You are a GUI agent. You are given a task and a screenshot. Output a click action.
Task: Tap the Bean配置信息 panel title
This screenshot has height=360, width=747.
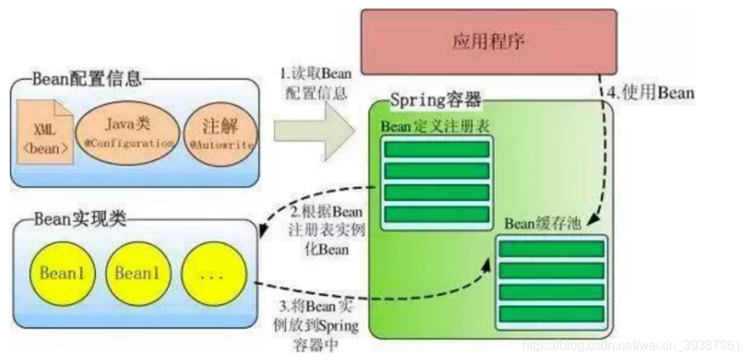pos(88,79)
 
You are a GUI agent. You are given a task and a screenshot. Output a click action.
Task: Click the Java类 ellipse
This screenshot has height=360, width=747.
pos(125,132)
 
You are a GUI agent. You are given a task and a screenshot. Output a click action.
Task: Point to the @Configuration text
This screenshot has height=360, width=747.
pos(126,143)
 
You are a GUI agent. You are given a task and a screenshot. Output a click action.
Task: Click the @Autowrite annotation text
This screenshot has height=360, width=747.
pos(221,147)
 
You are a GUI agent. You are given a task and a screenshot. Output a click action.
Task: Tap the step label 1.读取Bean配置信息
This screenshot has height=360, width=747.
pos(309,83)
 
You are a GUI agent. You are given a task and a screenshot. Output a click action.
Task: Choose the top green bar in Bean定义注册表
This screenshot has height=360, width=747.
pos(436,149)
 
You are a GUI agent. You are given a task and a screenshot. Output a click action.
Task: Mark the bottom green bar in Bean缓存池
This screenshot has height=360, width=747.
pos(551,312)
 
